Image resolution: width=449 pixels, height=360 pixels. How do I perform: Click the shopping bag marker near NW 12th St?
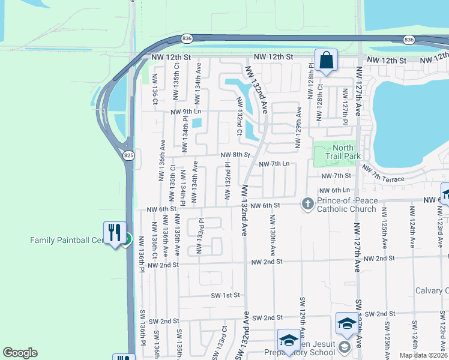326,61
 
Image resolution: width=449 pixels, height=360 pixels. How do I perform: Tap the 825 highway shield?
128,155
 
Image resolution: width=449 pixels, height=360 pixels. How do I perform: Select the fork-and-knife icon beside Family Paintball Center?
114,233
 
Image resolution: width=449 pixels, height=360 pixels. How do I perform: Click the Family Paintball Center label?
67,240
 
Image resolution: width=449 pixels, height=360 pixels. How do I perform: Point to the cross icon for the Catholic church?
307,204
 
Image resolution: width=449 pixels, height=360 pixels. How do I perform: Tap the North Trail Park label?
342,152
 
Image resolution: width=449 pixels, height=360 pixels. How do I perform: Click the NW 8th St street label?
235,155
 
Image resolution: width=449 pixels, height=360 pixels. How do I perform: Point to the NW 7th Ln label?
274,164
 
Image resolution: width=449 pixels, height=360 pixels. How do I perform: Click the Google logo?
20,353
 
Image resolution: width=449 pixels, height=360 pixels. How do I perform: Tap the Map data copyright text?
423,355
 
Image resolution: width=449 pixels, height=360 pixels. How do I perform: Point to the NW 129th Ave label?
298,128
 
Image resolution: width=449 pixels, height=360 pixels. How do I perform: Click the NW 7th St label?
336,176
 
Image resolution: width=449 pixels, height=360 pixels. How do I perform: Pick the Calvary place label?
432,291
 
